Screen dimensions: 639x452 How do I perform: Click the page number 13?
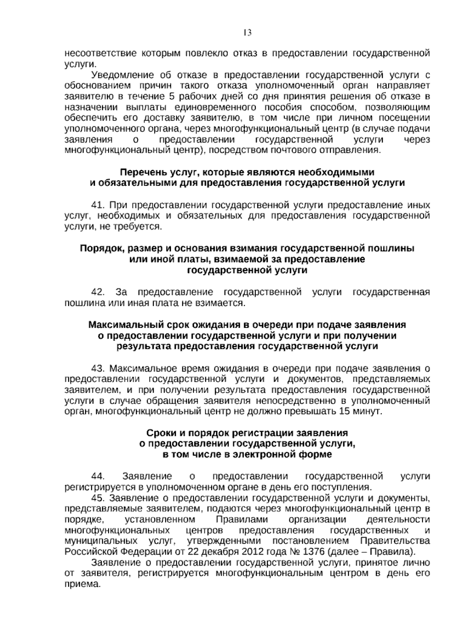click(247, 33)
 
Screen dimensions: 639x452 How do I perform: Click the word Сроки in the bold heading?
click(159, 433)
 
